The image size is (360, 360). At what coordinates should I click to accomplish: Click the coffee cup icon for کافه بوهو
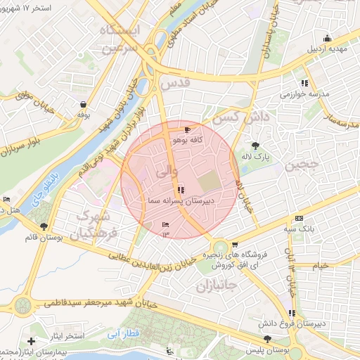click(186, 130)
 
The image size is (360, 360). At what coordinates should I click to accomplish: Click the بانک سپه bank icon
click(299, 219)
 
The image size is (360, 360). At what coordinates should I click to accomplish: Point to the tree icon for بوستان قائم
click(45, 226)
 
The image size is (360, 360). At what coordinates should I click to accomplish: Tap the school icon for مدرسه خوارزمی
click(304, 83)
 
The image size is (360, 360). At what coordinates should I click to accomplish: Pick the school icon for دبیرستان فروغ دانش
click(291, 313)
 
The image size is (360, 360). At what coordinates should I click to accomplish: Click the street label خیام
click(320, 266)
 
